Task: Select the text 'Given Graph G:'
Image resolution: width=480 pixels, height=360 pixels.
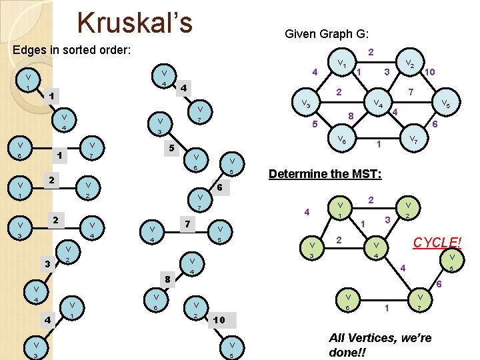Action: (x=327, y=33)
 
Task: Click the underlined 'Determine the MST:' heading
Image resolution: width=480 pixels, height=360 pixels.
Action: (x=325, y=174)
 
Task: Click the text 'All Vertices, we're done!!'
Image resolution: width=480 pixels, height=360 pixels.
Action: (x=381, y=345)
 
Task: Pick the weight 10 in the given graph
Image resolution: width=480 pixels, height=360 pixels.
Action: (x=430, y=71)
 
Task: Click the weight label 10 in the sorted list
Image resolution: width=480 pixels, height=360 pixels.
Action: (x=219, y=321)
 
